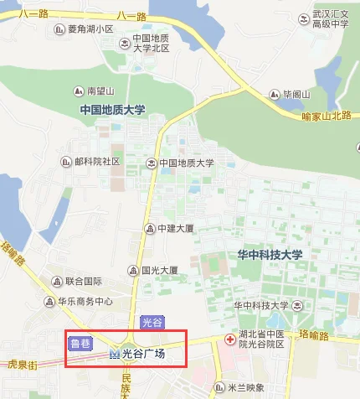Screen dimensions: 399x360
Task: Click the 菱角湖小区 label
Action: [x=90, y=29]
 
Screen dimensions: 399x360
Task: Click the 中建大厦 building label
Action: [x=175, y=227]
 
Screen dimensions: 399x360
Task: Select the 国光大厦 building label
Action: [x=158, y=270]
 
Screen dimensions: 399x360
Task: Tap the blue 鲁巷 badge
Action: [x=80, y=342]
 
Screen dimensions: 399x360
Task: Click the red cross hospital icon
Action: [x=230, y=339]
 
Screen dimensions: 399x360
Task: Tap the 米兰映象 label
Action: [x=247, y=387]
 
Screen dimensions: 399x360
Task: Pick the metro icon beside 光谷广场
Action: [x=115, y=355]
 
